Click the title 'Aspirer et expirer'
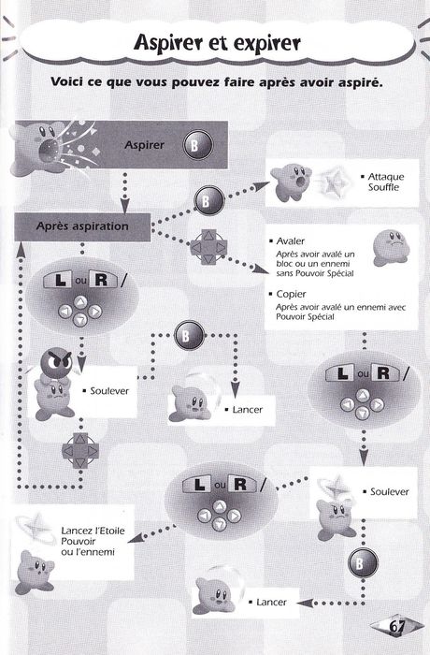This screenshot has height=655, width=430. (217, 43)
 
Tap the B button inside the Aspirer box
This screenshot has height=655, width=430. (198, 145)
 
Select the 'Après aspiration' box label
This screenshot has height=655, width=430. (82, 226)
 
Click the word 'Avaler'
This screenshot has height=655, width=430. (291, 241)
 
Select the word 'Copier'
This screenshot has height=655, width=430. (291, 294)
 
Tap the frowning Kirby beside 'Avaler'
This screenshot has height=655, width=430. (391, 248)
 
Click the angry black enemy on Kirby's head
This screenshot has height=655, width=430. (56, 362)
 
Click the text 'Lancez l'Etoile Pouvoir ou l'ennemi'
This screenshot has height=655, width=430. (93, 542)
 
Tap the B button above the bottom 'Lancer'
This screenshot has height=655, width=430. (363, 563)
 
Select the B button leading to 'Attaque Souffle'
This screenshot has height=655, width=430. (208, 201)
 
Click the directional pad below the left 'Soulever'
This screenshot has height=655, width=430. (80, 451)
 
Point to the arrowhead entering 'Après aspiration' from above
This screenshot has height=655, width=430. (124, 206)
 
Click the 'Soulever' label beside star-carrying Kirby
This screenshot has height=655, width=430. (390, 492)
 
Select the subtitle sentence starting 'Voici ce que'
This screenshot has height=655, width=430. (216, 82)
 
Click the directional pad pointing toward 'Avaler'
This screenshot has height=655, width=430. (208, 247)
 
